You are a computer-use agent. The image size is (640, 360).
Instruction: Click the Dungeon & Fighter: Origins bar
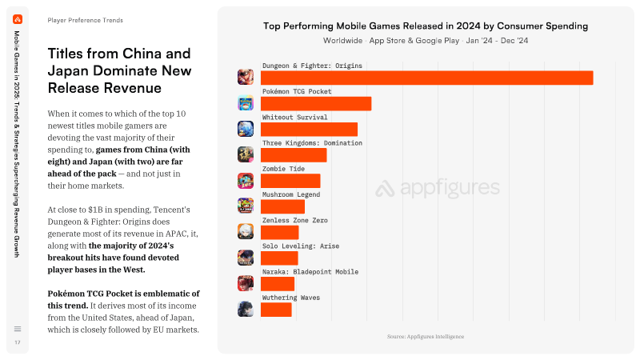pos(426,78)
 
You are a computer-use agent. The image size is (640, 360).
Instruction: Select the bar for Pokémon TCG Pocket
pos(316,104)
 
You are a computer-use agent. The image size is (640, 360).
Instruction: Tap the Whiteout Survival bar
pos(309,130)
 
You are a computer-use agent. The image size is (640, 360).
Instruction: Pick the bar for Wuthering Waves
pos(276,310)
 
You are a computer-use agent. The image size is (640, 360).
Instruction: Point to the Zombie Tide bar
pos(290,181)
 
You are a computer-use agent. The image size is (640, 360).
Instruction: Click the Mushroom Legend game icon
pos(246,206)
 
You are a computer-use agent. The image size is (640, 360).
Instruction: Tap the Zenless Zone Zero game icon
pos(246,231)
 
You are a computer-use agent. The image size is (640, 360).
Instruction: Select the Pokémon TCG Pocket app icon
pos(246,103)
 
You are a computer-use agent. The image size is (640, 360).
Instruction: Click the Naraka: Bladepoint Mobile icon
pos(246,283)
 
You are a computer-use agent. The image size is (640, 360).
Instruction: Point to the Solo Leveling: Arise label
pos(301,246)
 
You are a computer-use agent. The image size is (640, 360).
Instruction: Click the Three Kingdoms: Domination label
pos(312,143)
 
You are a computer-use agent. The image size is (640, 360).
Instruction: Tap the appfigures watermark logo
pos(438,188)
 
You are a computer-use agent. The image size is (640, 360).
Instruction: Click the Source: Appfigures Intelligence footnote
pos(426,337)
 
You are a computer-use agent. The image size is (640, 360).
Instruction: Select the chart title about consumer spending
pos(426,26)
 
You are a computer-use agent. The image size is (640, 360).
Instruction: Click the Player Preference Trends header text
pos(85,20)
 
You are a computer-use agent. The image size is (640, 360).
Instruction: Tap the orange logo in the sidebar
pos(18,19)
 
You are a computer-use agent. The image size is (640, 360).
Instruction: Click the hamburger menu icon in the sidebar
pos(18,329)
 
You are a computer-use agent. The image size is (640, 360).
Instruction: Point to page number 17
pos(18,342)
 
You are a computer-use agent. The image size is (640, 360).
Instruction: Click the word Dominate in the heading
pos(125,70)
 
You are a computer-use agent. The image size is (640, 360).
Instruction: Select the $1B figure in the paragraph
pos(95,210)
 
